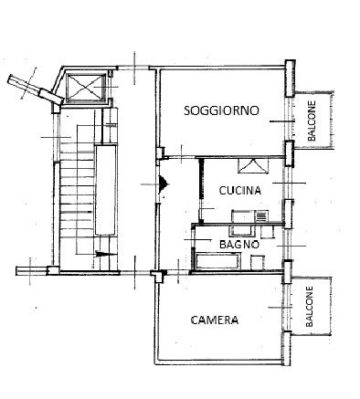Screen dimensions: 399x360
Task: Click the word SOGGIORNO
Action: point(221,110)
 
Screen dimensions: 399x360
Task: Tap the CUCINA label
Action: point(240,191)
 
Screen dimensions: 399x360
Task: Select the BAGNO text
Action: point(238,244)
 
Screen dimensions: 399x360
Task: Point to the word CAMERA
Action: point(215,320)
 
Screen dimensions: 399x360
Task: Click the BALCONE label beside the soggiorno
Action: point(312,121)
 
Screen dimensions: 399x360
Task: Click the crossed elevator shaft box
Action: point(87,87)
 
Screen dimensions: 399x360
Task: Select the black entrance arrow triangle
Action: point(163,184)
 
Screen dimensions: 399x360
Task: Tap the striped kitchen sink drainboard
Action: point(259,216)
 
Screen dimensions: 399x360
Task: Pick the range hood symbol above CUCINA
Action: point(250,165)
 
